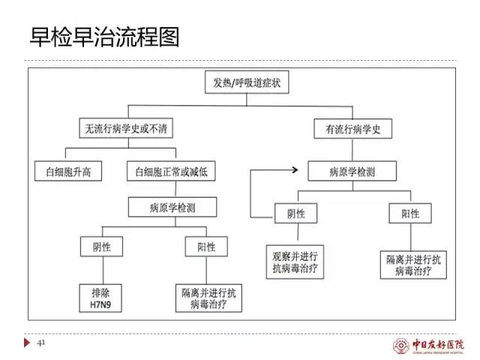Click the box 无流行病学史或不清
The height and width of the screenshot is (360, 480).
pos(125,128)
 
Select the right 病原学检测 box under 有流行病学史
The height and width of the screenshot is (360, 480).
pos(352,172)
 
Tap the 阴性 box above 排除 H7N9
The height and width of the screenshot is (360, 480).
pos(100,247)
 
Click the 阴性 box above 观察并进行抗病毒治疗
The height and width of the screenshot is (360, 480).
pos(295,214)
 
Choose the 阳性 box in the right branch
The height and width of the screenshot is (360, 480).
pos(411,214)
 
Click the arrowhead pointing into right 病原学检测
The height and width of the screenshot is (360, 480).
pos(304,172)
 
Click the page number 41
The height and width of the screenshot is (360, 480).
pos(42,343)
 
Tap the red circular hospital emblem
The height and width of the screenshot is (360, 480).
pos(401,346)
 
